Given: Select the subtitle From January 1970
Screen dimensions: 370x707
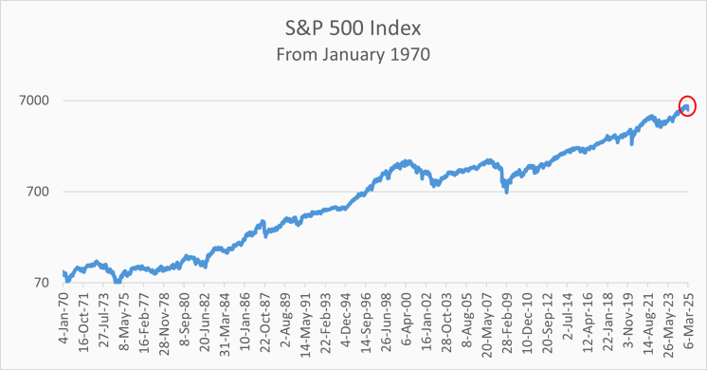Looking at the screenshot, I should coord(353,54).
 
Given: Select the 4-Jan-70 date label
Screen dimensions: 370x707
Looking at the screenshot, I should coord(64,324).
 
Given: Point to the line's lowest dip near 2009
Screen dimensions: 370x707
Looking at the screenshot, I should coord(506,193).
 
